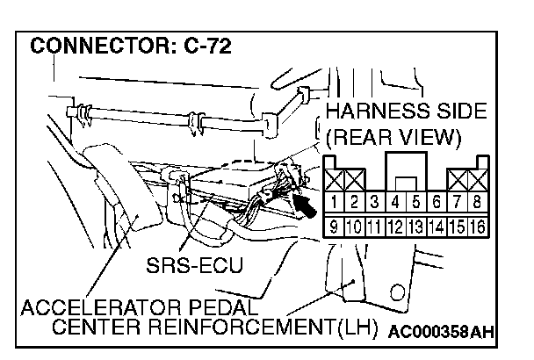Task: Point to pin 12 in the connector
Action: tap(394, 227)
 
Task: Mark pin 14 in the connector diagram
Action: tap(437, 227)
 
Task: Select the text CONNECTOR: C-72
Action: tap(132, 46)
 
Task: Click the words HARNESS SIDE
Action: tap(405, 113)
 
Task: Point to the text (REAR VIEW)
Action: tap(393, 138)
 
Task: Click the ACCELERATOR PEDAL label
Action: tap(139, 309)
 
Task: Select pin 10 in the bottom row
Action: tap(355, 227)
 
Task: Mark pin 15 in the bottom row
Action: tap(458, 227)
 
